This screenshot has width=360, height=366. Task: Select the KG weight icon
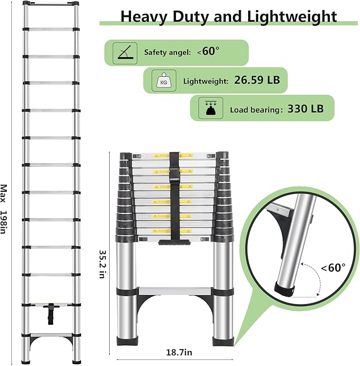pos(162,81)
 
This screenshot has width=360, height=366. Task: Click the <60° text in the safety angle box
pos(208,52)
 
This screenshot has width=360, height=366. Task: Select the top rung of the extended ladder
pos(51,6)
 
